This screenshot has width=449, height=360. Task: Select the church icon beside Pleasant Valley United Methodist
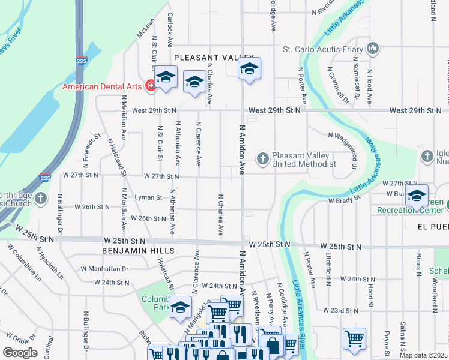coord(262,159)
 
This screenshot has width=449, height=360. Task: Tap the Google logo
coord(20,353)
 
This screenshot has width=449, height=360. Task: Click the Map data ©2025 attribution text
coord(423,355)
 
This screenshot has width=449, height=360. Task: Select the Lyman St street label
coord(148,197)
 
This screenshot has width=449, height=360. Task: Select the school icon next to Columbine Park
coord(180,308)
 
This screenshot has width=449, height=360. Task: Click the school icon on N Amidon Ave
coord(249,68)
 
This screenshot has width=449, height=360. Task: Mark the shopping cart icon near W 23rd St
coord(354,338)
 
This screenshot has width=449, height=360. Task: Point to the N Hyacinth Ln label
coord(50,263)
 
